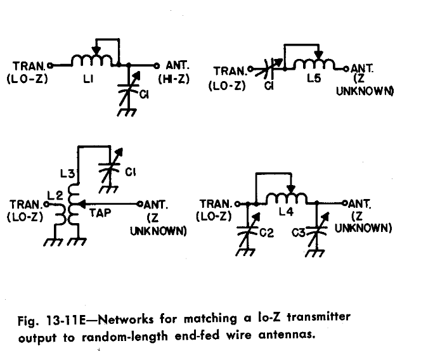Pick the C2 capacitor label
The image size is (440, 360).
266,233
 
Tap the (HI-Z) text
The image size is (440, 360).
171,80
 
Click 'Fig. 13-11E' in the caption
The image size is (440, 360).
48,317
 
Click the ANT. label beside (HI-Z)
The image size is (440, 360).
176,66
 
